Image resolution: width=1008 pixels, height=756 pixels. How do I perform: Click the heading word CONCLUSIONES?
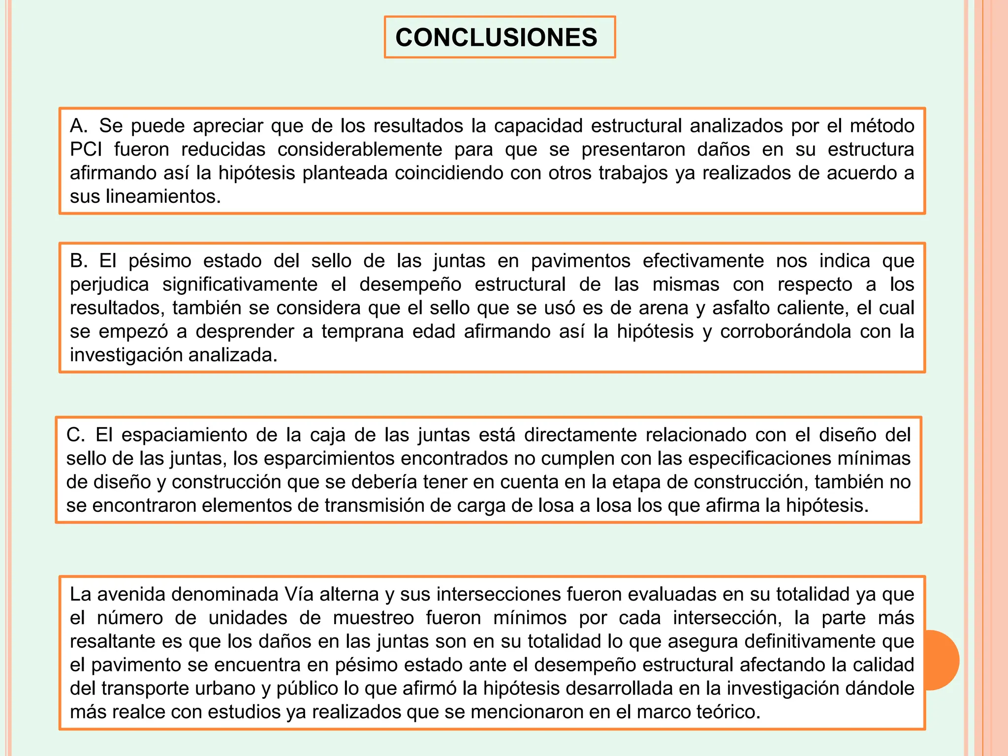point(496,37)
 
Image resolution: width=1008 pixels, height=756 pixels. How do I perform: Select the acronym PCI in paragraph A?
point(86,149)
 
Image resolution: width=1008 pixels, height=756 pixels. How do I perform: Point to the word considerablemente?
point(360,149)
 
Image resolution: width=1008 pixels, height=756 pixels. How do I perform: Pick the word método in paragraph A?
point(882,126)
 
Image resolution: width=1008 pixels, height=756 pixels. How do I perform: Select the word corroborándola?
point(786,331)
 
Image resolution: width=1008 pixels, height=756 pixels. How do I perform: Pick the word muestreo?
point(374,618)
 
